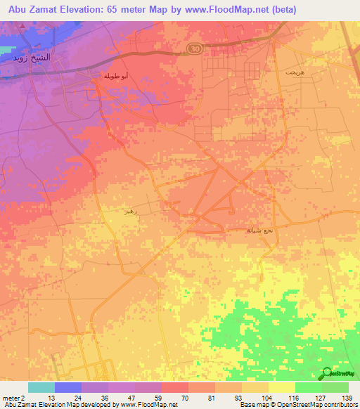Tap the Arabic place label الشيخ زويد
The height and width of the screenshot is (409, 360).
[x=30, y=58]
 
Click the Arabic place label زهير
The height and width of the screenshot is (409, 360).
[x=129, y=210]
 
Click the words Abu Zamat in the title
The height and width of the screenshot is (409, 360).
[x=33, y=10]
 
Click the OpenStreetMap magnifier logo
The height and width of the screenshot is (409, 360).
[x=327, y=374]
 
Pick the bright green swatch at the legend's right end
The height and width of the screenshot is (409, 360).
[x=335, y=387]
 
